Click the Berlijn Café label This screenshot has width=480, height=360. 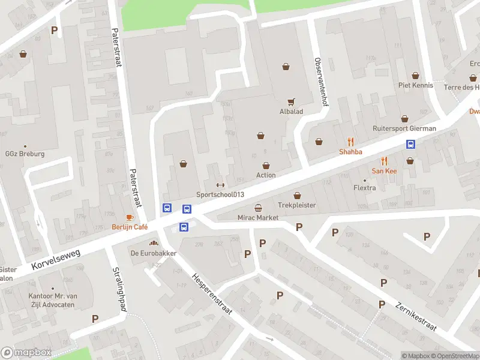click(x=130, y=227)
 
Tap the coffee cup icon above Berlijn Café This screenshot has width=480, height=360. click(x=130, y=217)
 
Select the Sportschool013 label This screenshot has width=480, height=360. click(x=220, y=194)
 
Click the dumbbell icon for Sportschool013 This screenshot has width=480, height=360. click(x=220, y=185)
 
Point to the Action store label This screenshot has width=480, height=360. click(x=266, y=175)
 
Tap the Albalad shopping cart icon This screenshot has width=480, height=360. click(x=292, y=102)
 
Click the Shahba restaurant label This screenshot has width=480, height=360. click(x=350, y=152)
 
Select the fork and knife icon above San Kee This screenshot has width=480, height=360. click(x=385, y=161)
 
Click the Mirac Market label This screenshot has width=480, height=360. click(x=258, y=218)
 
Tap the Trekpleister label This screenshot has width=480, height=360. click(x=297, y=205)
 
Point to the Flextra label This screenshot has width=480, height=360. click(x=365, y=188)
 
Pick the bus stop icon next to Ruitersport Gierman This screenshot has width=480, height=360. click(x=411, y=144)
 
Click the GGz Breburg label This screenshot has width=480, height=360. click(x=25, y=154)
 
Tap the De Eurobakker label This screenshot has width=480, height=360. click(x=154, y=253)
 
